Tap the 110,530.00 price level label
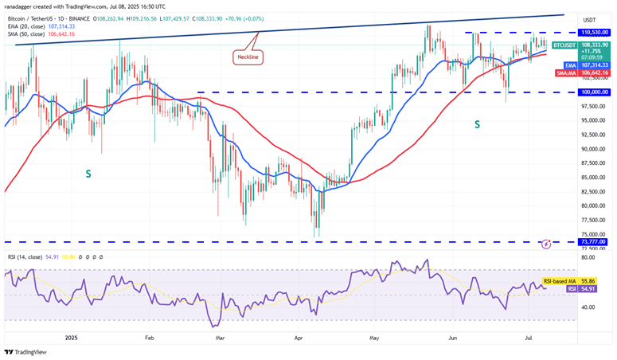pos(594,32)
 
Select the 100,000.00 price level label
pos(594,92)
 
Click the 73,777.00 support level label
pos(594,241)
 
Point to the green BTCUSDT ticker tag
pos(564,45)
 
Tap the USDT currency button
pos(590,20)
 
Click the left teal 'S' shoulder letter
pos(88,173)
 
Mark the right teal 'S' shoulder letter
pos(478,124)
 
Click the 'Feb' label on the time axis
pos(149,337)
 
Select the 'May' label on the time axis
pos(375,337)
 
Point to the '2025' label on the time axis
pos(70,337)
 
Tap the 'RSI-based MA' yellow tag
pos(558,281)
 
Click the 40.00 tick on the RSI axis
pos(589,307)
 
